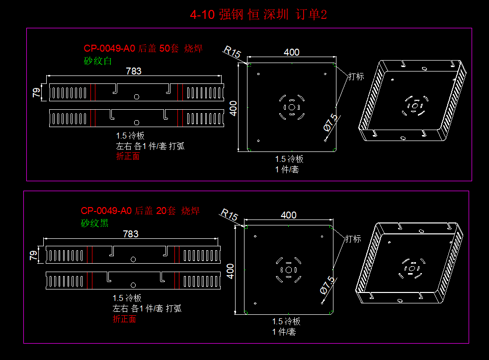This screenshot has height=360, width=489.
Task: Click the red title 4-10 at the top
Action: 202,15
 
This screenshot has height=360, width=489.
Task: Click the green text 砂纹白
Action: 98,61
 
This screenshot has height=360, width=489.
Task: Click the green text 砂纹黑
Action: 94,223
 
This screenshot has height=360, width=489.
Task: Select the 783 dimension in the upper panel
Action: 133,71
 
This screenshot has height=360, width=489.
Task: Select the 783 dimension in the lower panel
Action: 130,233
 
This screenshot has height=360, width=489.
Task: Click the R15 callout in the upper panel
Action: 232,52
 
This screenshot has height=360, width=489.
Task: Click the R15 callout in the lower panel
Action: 229,215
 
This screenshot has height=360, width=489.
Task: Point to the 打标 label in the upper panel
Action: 356,76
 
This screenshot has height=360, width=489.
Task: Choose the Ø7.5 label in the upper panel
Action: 330,122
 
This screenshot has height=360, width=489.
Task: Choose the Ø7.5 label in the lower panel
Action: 327,285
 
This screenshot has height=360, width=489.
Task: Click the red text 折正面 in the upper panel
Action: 128,156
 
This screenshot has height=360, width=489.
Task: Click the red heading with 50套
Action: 143,49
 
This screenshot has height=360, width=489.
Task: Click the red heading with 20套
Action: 140,211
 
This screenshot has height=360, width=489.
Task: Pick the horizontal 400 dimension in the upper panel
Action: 291,52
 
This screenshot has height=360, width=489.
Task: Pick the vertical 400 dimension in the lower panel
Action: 230,271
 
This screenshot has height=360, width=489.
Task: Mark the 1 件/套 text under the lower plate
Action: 284,332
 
